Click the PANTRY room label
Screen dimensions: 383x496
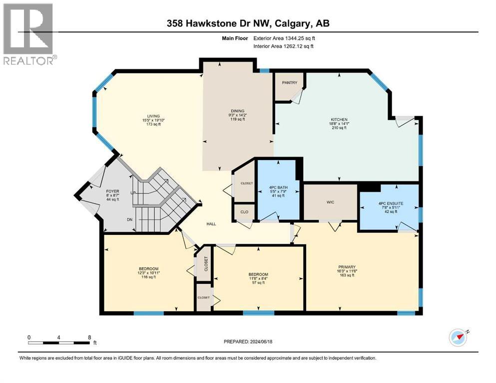tap(289, 83)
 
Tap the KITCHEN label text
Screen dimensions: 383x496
tap(338, 120)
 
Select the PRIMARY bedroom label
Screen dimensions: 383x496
tap(346, 266)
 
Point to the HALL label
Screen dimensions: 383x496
tap(211, 224)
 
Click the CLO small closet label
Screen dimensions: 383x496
tap(244, 212)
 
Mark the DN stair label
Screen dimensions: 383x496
tap(115, 219)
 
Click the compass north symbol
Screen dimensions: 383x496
tap(458, 337)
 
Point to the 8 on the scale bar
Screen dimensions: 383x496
tap(89, 337)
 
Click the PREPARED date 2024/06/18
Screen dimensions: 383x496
tap(248, 342)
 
